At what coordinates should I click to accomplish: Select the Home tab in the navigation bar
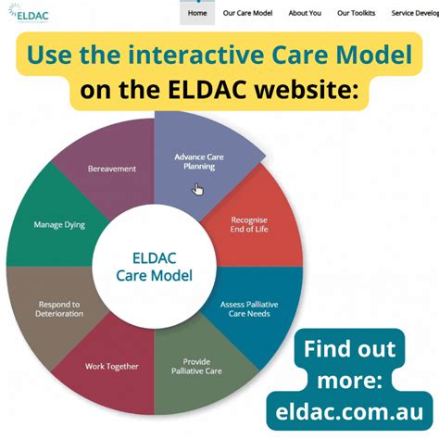coord(197,13)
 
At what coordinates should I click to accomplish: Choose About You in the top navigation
coord(305,13)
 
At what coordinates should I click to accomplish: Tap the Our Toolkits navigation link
coord(357,13)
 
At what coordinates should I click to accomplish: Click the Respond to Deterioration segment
coord(57,308)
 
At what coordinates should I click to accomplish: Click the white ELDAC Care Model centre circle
coord(154,268)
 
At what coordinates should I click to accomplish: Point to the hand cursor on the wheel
coord(198,190)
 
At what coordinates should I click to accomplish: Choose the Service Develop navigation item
coord(414,13)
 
